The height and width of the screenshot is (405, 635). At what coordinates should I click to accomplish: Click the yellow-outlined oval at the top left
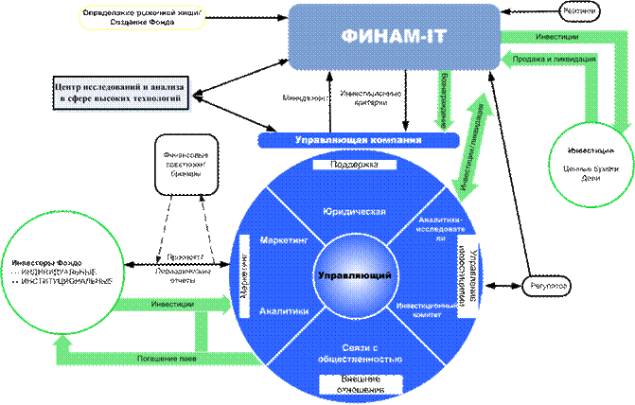click(x=130, y=16)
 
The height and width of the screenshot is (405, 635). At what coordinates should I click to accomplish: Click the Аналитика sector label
click(x=281, y=309)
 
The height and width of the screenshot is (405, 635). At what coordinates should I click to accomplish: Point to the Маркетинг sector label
click(x=282, y=241)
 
